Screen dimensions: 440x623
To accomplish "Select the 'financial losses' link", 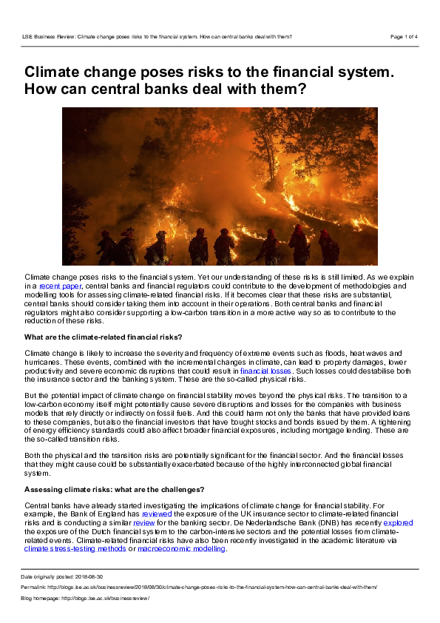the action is coord(271,371).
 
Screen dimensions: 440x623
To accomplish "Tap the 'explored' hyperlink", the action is coord(398,522).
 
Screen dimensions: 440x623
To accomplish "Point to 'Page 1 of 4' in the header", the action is coord(404,36).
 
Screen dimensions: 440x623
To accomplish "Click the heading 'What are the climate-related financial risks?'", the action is coord(104,337).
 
